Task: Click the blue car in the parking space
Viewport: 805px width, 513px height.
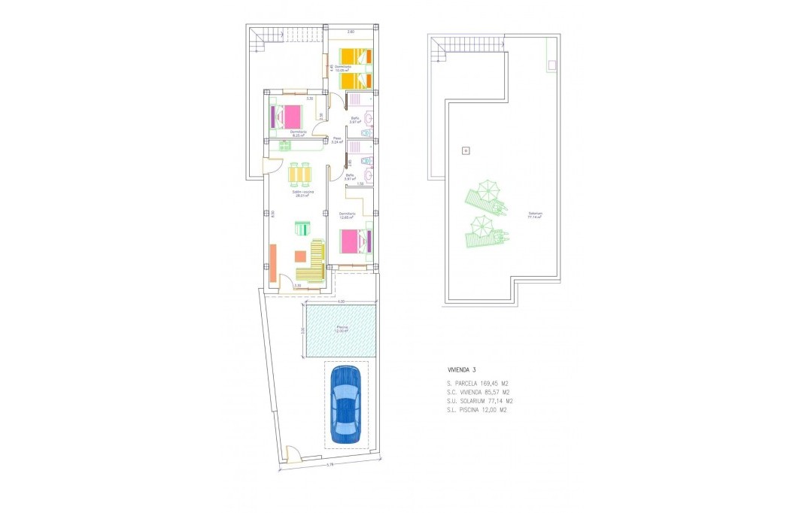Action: [345, 405]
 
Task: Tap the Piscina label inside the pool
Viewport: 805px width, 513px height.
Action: [342, 328]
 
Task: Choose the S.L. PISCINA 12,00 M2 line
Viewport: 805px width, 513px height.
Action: [478, 411]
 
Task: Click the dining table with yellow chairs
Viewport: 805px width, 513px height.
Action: [299, 175]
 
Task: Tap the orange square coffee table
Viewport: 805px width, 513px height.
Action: [301, 256]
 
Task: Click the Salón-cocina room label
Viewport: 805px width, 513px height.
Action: [303, 193]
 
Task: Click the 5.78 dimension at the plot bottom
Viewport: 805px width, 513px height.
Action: [330, 465]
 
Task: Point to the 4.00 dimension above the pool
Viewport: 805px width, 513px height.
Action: [341, 302]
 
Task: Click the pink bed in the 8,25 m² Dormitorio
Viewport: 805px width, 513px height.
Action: [288, 117]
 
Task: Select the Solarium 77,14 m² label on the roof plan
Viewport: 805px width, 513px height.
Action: [535, 214]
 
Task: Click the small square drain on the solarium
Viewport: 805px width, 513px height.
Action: [466, 151]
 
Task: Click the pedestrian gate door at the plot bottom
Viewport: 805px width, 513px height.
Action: [293, 454]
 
